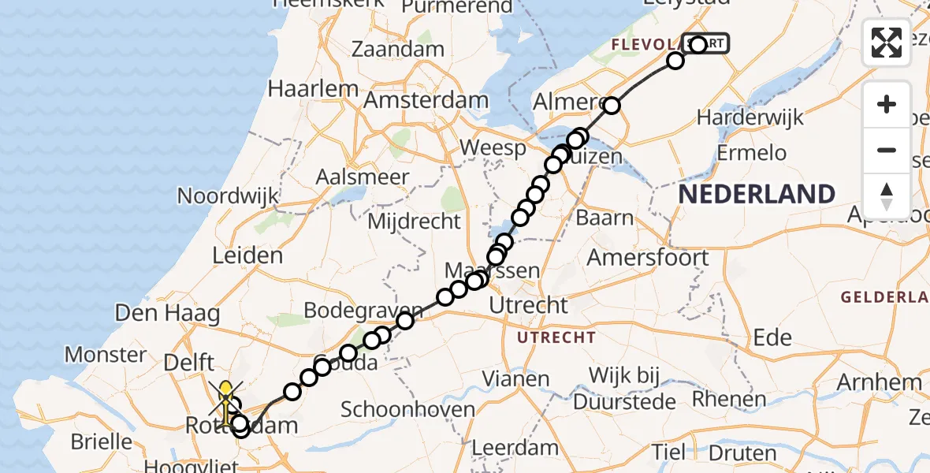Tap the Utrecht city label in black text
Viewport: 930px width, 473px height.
tap(528, 305)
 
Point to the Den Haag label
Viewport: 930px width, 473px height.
tap(167, 314)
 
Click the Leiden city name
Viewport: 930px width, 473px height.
tap(247, 255)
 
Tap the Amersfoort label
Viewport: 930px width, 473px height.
tap(648, 257)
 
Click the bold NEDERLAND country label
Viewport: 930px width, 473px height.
tap(757, 194)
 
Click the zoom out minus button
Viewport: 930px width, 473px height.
tap(887, 150)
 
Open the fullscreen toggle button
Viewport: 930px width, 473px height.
tap(887, 43)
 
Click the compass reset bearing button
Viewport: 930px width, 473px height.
tap(887, 196)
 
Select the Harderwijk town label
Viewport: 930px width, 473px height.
tap(750, 117)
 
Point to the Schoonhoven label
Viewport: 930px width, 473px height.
tap(408, 409)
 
